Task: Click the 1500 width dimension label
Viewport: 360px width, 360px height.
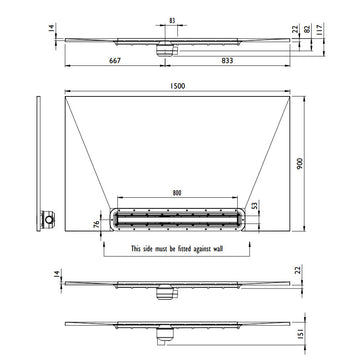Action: pos(177,86)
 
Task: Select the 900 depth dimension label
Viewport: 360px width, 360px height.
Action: pos(299,163)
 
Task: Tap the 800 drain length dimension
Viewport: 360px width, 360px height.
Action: pos(177,193)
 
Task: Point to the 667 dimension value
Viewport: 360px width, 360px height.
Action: pos(115,60)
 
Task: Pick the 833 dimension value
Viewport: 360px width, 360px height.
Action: pos(227,60)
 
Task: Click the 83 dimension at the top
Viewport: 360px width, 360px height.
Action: pos(172,20)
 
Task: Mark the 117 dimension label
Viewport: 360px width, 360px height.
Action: pos(319,30)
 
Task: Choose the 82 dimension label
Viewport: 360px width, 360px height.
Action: pos(308,29)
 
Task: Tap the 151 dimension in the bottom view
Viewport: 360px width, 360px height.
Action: pos(299,334)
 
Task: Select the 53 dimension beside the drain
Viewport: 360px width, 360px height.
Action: pos(255,206)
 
